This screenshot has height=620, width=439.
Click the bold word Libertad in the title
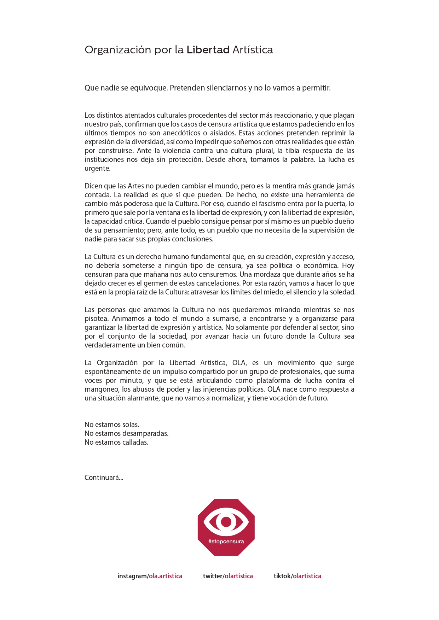coord(208,50)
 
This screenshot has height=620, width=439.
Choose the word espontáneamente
coord(112,372)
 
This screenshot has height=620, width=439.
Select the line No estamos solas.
coord(112,425)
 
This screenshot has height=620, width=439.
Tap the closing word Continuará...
coord(103,478)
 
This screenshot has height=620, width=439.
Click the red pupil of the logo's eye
coord(226,522)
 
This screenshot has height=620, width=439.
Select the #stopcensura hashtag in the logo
coord(226,542)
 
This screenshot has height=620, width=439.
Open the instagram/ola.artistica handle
coord(150,576)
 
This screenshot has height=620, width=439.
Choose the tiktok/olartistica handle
coord(297,576)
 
